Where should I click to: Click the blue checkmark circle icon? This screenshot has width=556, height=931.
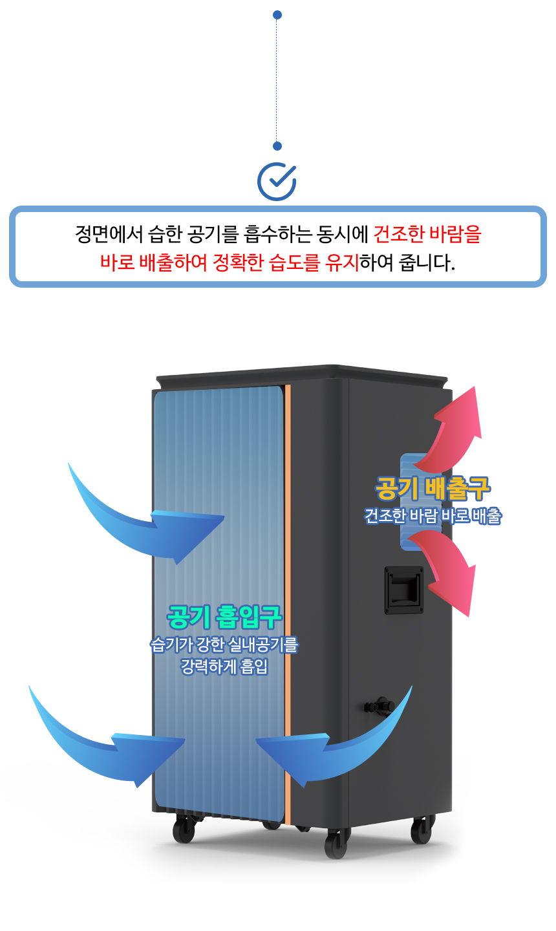pyautogui.click(x=277, y=182)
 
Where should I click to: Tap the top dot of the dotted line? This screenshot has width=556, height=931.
pyautogui.click(x=277, y=15)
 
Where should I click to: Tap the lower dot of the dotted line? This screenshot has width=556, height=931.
pyautogui.click(x=277, y=146)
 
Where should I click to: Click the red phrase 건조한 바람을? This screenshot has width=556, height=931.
pyautogui.click(x=427, y=233)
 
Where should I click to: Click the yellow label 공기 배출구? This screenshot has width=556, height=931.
pyautogui.click(x=433, y=489)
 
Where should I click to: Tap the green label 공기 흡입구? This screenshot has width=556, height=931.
pyautogui.click(x=224, y=616)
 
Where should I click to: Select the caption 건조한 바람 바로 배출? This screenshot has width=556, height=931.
pyautogui.click(x=433, y=516)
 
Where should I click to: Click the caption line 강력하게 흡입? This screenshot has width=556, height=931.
pyautogui.click(x=224, y=666)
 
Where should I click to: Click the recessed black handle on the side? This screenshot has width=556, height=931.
pyautogui.click(x=404, y=590)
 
